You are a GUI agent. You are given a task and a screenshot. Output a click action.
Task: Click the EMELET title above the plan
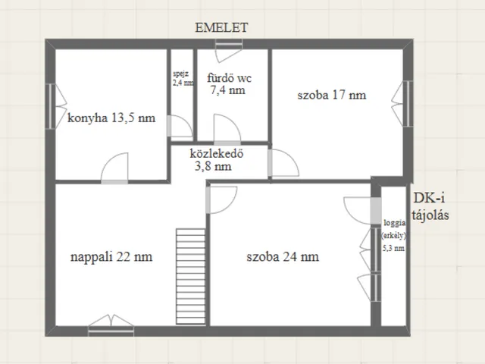click(x=221, y=28)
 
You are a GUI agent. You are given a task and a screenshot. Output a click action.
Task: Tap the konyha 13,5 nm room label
click(x=111, y=118)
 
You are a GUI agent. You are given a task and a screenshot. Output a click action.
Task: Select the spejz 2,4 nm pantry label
click(x=183, y=78)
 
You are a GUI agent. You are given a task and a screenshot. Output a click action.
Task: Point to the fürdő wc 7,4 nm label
click(x=229, y=84)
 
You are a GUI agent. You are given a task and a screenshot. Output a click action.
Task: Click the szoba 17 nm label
click(x=332, y=95)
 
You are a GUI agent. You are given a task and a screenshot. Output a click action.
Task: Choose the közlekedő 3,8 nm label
click(x=217, y=160)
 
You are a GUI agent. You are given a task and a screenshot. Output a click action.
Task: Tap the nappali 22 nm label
click(x=111, y=257)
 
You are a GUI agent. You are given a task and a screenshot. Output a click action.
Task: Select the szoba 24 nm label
click(x=283, y=256)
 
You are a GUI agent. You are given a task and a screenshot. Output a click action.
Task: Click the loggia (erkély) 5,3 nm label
click(x=394, y=235)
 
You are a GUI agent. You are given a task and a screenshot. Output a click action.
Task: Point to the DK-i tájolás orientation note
click(x=430, y=206)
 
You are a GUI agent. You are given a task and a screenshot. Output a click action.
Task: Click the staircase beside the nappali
click(x=190, y=276)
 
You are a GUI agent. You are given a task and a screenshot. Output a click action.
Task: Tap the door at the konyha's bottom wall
click(x=114, y=168)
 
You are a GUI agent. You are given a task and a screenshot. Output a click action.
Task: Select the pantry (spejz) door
click(x=180, y=126)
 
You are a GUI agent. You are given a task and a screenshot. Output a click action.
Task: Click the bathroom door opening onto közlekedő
click(x=227, y=130)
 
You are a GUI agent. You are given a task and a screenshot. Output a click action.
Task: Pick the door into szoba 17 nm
click(x=283, y=163)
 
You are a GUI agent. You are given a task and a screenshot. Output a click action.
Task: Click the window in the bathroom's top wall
click(x=229, y=50)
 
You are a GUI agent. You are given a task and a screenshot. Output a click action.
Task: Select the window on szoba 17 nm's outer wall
click(x=402, y=104)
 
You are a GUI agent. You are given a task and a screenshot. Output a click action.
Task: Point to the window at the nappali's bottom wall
click(x=111, y=325)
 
